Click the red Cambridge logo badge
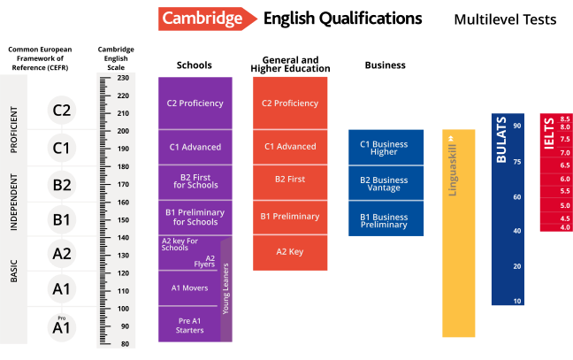(x=207, y=19)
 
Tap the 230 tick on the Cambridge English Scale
(x=105, y=78)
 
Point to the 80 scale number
(x=125, y=344)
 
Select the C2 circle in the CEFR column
(x=61, y=111)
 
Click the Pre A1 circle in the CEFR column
(x=61, y=327)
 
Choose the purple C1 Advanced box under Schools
(x=195, y=148)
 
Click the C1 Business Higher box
(x=386, y=148)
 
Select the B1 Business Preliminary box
(x=386, y=218)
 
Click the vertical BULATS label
(x=501, y=140)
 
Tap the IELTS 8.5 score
(x=564, y=119)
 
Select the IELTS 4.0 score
(x=564, y=227)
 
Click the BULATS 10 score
(x=517, y=301)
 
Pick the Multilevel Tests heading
(x=505, y=19)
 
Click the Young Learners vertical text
(x=225, y=288)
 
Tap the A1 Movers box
(x=189, y=288)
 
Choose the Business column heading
(x=386, y=65)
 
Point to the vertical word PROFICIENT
(x=13, y=130)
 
